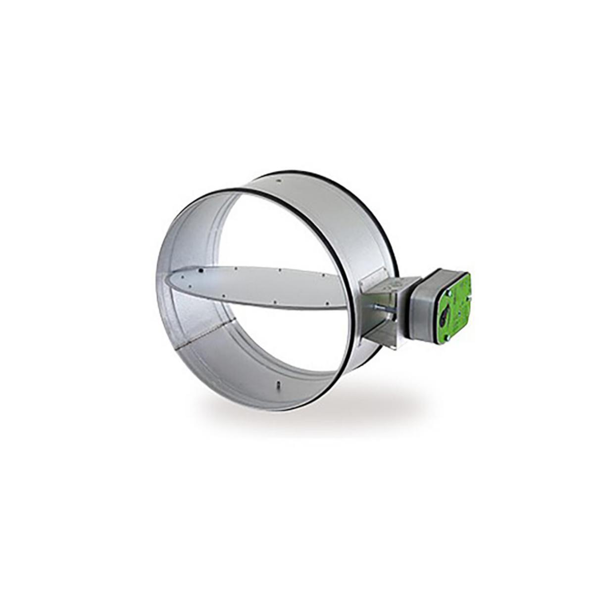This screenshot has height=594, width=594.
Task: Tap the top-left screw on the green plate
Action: tap(448, 293)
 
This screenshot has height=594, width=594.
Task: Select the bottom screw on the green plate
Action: tap(447, 338)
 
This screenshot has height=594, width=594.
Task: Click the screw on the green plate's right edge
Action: tap(468, 298)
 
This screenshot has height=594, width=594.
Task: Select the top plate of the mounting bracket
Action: tap(391, 285)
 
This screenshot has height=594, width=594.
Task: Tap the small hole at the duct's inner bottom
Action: tap(279, 384)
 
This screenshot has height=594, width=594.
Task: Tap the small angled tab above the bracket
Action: tap(374, 275)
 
